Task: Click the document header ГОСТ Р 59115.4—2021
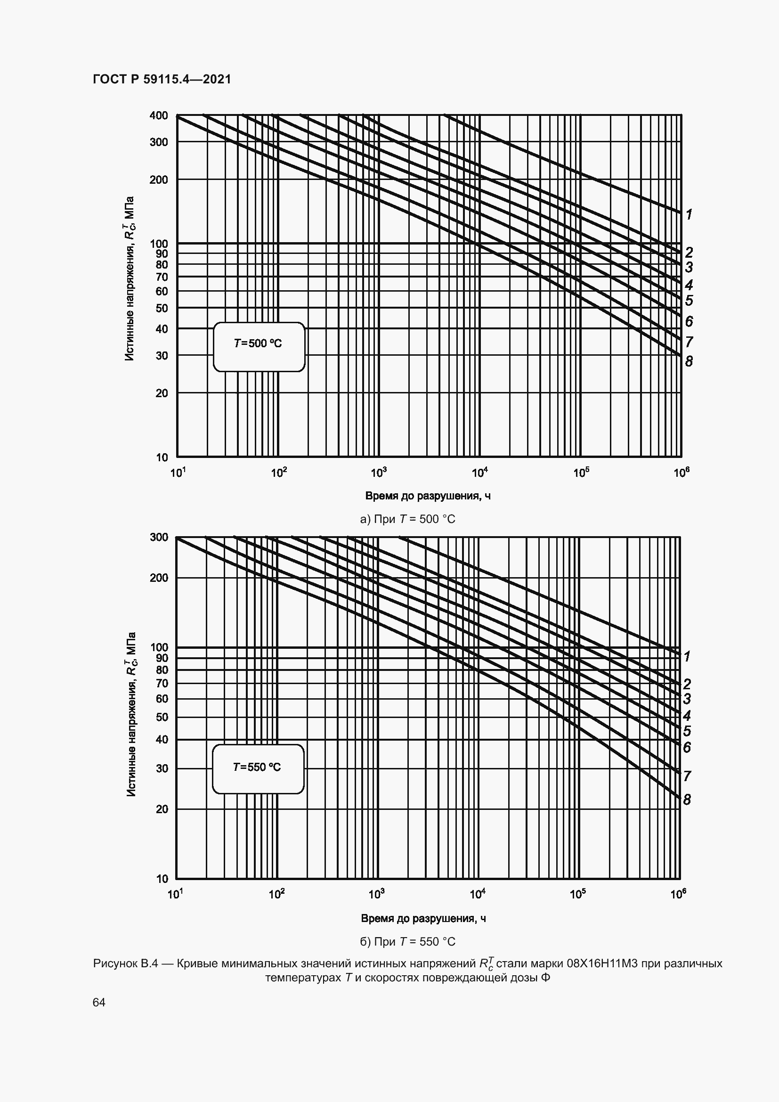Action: pos(162,79)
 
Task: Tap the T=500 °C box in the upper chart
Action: pos(259,343)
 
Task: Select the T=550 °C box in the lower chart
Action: pos(258,767)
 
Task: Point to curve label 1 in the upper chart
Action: pos(689,214)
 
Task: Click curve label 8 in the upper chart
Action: pos(689,361)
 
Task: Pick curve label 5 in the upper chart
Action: pos(689,301)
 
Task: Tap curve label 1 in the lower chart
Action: pos(687,656)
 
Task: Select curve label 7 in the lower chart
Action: pos(687,776)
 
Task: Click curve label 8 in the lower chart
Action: pos(687,800)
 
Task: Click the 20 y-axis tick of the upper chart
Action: pos(162,393)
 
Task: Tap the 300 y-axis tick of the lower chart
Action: pos(159,537)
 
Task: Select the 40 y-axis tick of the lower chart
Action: pos(162,739)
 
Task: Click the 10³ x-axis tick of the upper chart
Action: pos(379,473)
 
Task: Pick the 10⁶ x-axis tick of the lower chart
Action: pos(678,894)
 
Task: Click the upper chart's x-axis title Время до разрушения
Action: pos(427,496)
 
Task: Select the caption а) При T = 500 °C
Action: pos(407,519)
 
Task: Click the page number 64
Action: pos(99,1002)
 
